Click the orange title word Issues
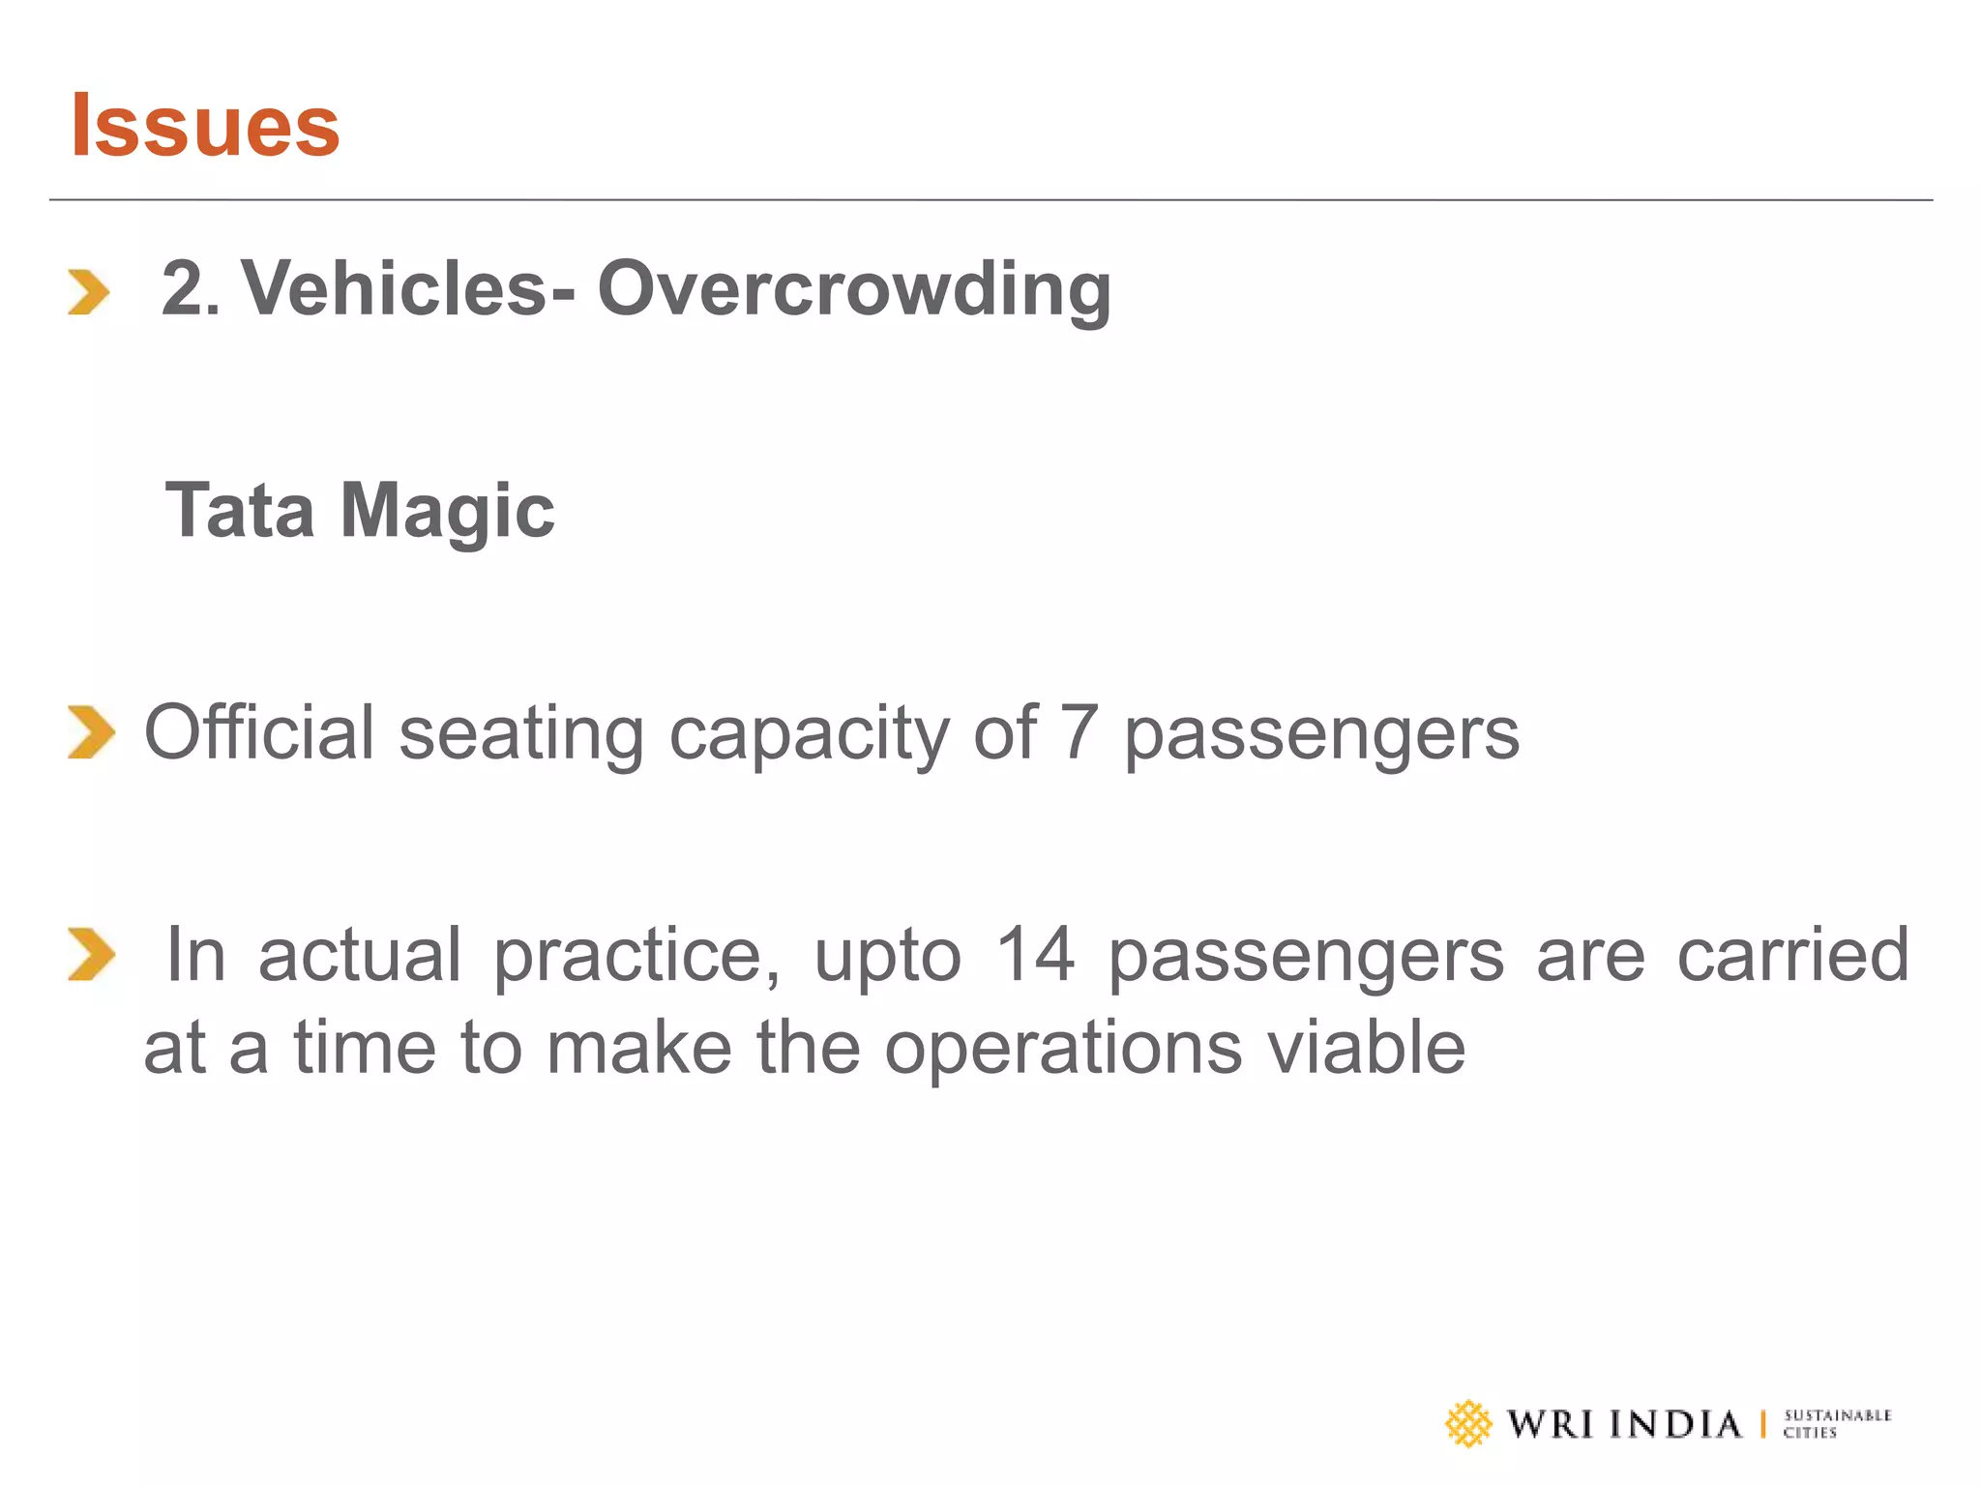205,125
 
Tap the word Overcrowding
854,288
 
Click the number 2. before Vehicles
191,288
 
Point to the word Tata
241,510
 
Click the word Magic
447,512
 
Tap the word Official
258,731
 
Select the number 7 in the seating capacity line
1079,732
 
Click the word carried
1792,954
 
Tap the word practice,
636,956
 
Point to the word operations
1063,1049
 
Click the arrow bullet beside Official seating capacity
91,732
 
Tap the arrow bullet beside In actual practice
91,954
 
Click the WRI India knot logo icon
1468,1423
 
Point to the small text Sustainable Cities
1836,1423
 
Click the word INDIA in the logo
1675,1424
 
